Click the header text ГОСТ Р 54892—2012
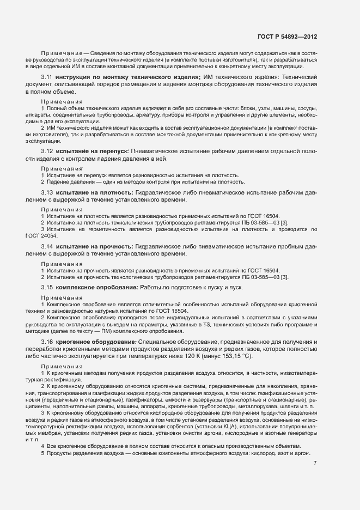click(x=286, y=37)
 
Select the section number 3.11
click(x=46, y=77)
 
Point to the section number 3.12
click(x=46, y=150)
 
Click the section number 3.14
click(x=46, y=247)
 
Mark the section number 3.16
click(x=46, y=341)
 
